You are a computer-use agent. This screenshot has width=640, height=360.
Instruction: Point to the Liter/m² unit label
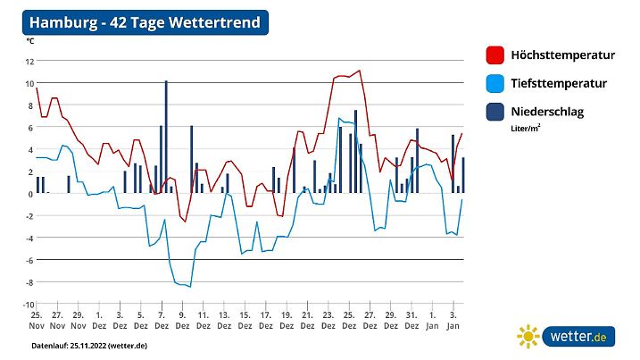point(525,128)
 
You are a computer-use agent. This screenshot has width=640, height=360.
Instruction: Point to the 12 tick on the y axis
point(29,61)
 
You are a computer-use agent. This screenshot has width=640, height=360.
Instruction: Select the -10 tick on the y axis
point(28,305)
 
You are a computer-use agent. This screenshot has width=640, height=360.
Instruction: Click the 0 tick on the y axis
point(31,194)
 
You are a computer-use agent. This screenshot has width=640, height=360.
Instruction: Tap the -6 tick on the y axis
point(29,260)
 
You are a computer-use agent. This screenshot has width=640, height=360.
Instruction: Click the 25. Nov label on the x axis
point(37,321)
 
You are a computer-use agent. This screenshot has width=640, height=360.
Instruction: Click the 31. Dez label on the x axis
point(411,321)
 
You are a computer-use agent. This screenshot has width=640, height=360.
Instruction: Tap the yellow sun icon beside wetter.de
point(528,337)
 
